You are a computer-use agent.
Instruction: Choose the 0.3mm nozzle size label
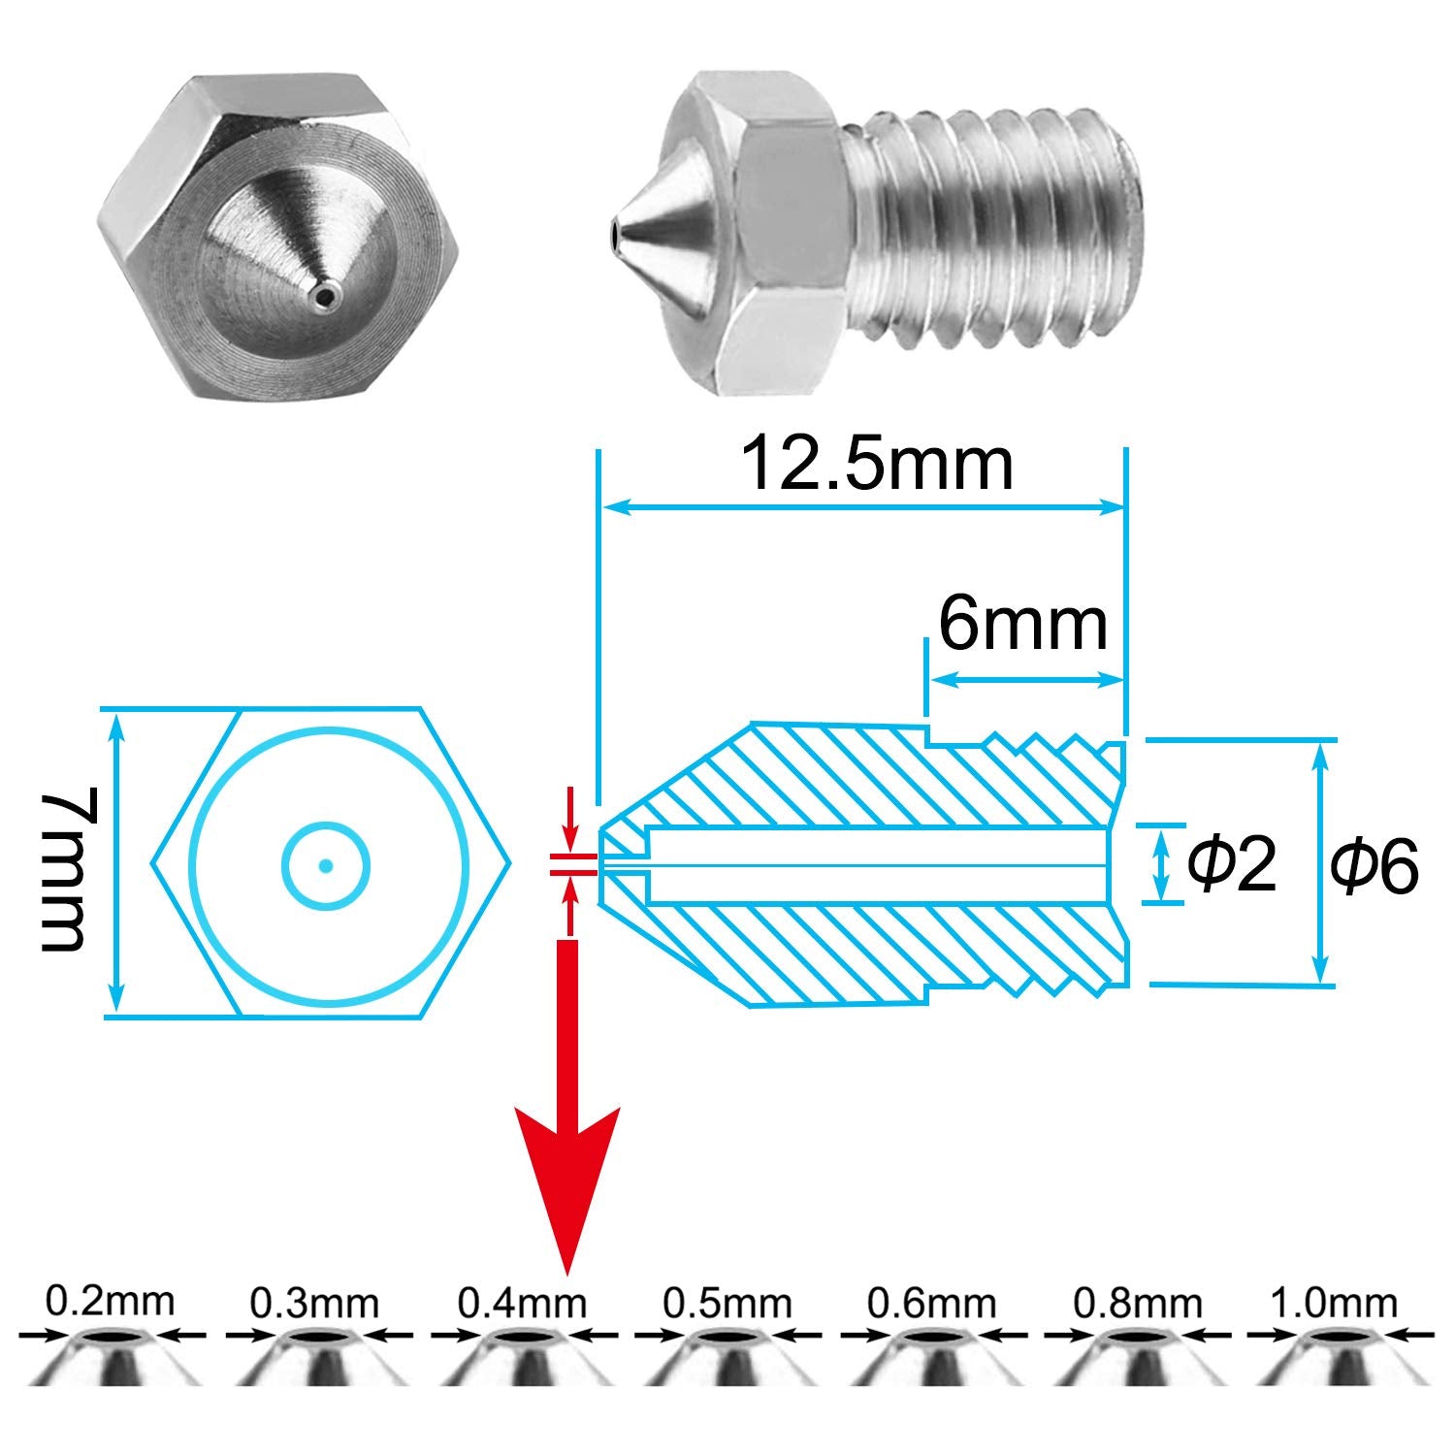314,1302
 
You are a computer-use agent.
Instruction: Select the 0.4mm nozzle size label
522,1302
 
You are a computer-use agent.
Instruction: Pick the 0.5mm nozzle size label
727,1302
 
